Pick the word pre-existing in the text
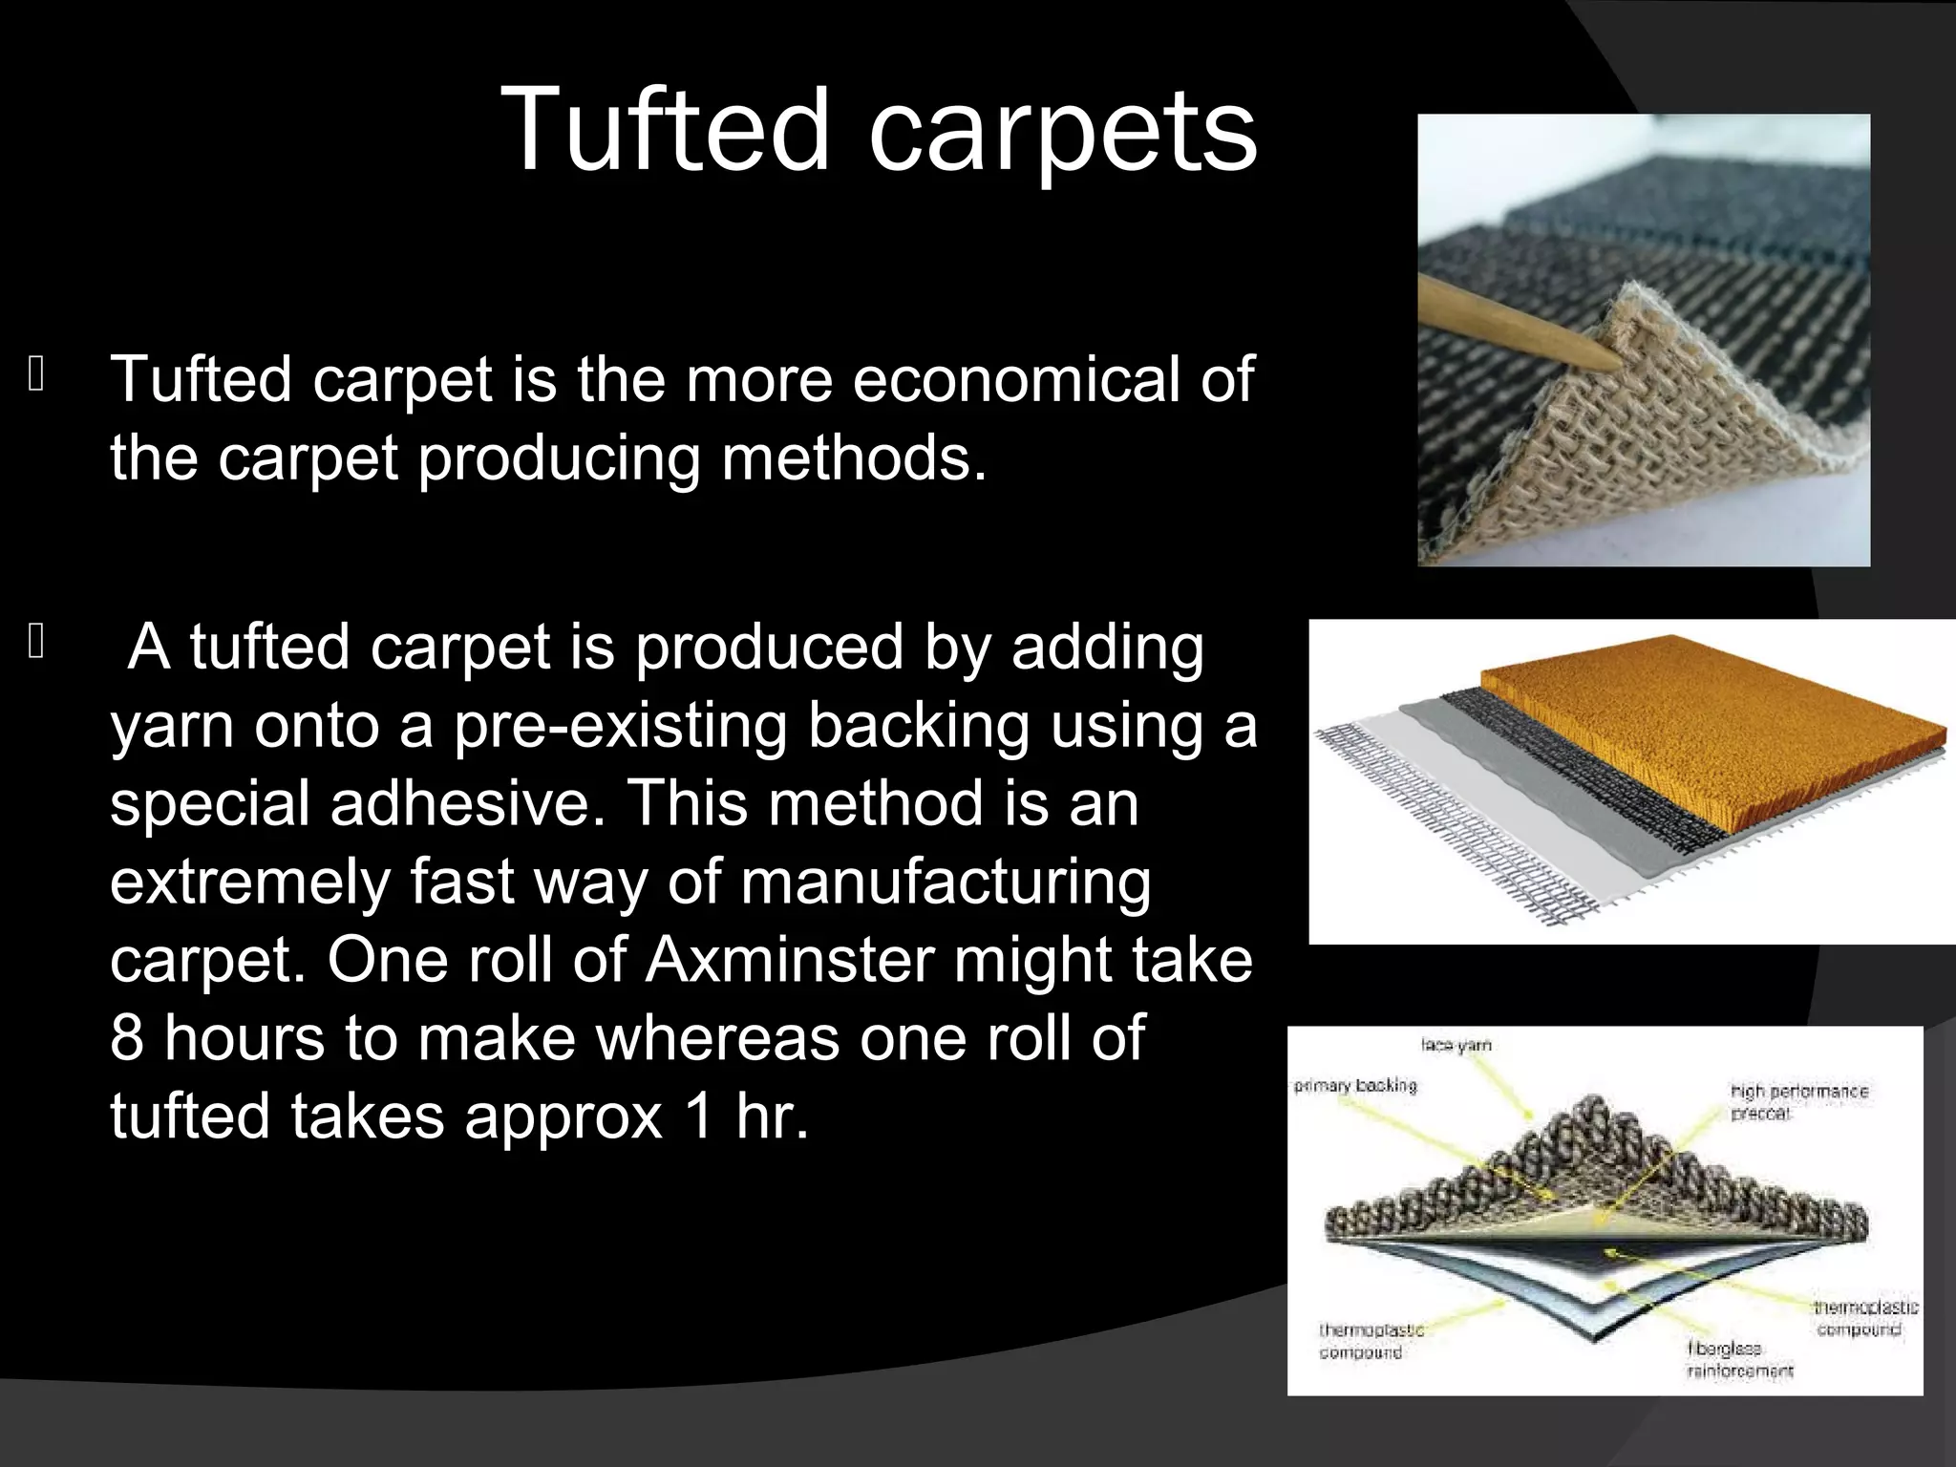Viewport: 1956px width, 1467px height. (x=621, y=725)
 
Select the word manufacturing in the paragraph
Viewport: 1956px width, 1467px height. (x=946, y=882)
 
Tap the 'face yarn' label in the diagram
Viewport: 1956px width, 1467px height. (x=1456, y=1046)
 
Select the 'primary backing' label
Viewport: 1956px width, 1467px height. (x=1355, y=1086)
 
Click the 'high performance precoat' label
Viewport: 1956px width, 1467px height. (x=1798, y=1102)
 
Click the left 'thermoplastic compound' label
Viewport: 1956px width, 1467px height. (x=1371, y=1341)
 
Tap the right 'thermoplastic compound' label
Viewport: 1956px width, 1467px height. (x=1865, y=1318)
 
